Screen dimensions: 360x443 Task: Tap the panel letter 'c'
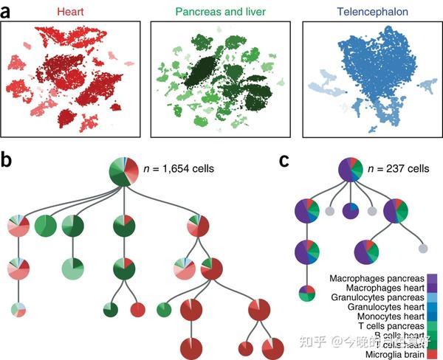click(x=284, y=161)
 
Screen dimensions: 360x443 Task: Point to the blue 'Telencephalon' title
click(x=366, y=11)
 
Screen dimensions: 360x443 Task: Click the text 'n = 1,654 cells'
click(x=177, y=168)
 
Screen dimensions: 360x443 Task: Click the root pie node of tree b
click(x=123, y=173)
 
